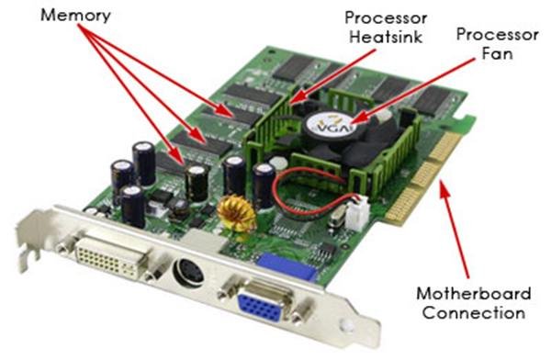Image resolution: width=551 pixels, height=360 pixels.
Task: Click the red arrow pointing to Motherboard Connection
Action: [455, 230]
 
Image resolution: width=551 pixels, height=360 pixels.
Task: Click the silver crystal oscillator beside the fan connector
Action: [337, 218]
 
